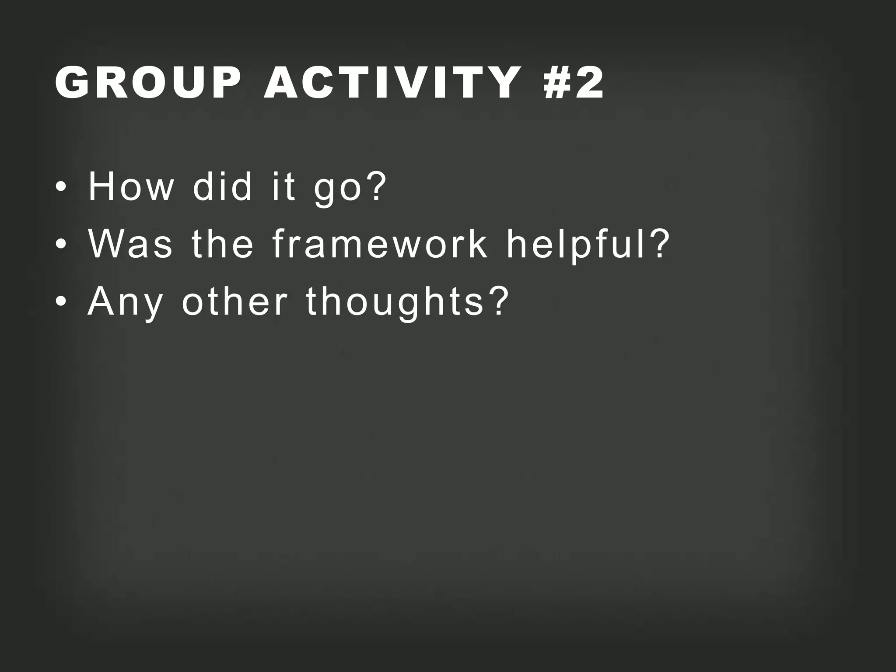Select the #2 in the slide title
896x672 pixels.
tap(574, 83)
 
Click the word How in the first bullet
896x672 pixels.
tap(131, 187)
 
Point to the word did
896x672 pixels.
tap(223, 187)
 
